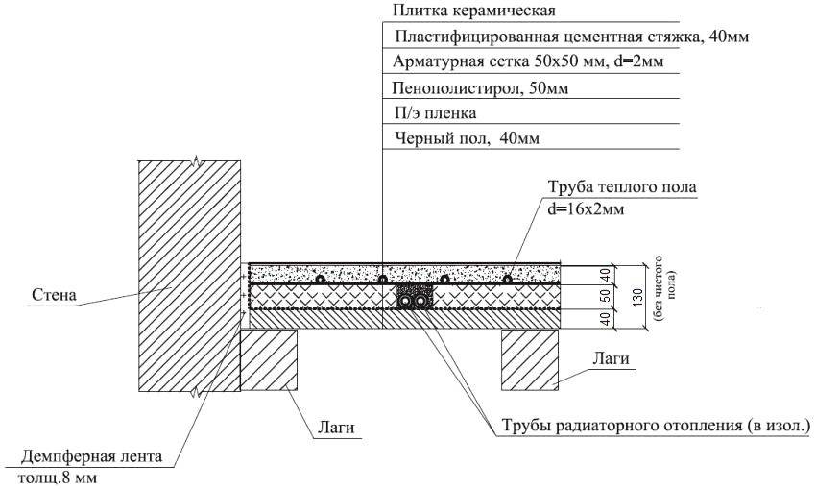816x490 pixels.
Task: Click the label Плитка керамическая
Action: [x=474, y=11]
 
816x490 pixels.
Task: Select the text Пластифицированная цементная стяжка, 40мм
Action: [x=572, y=37]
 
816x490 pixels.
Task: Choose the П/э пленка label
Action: [x=436, y=113]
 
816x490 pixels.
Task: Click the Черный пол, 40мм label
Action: [x=467, y=138]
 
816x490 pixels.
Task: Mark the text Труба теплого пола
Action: [x=622, y=187]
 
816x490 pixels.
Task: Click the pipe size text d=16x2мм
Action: [x=586, y=209]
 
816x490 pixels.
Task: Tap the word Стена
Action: [x=54, y=295]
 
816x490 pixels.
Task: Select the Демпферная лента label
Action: [x=91, y=457]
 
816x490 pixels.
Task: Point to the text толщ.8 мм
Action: [x=58, y=478]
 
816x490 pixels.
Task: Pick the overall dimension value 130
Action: [x=637, y=297]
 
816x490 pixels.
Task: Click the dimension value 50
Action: [x=605, y=296]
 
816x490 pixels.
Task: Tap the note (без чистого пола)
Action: [x=665, y=288]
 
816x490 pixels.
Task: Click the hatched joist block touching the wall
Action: [x=269, y=359]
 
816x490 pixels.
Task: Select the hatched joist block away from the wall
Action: [x=530, y=359]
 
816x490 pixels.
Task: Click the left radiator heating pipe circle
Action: [x=405, y=301]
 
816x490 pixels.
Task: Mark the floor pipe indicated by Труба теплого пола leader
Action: [x=507, y=280]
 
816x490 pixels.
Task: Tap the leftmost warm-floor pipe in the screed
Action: [x=321, y=280]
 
